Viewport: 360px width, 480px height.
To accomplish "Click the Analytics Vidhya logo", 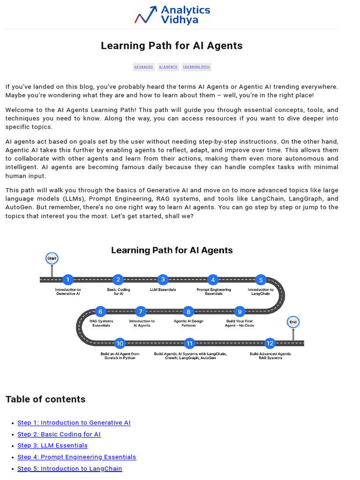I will click(172, 15).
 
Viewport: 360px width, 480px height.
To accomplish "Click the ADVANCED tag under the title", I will click(143, 67).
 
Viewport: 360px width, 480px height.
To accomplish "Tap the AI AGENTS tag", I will click(168, 67).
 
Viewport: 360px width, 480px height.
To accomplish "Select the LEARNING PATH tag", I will click(196, 67).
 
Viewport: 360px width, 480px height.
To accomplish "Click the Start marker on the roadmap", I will click(52, 258).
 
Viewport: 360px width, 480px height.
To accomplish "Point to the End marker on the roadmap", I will click(293, 322).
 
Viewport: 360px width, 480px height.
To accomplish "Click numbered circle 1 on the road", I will click(68, 280).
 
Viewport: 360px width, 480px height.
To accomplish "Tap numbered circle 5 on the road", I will click(261, 280).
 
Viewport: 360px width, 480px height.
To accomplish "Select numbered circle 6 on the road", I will click(100, 311).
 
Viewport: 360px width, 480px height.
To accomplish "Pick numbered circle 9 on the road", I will click(240, 311).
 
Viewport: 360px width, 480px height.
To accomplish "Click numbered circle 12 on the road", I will click(270, 343).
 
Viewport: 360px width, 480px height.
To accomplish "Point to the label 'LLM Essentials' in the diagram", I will click(163, 290).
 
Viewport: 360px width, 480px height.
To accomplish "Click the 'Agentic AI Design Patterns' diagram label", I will click(188, 323).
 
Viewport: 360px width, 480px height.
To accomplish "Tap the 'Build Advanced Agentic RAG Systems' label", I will click(270, 356).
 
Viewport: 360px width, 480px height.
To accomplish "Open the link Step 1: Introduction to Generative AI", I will click(74, 423).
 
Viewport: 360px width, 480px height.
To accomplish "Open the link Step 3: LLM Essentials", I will click(52, 445).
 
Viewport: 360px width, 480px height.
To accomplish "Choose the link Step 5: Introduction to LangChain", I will click(70, 469).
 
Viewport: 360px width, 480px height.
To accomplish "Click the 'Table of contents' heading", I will click(45, 399).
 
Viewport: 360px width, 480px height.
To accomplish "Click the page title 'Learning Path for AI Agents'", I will click(172, 45).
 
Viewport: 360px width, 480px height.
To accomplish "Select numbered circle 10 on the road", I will click(120, 343).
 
